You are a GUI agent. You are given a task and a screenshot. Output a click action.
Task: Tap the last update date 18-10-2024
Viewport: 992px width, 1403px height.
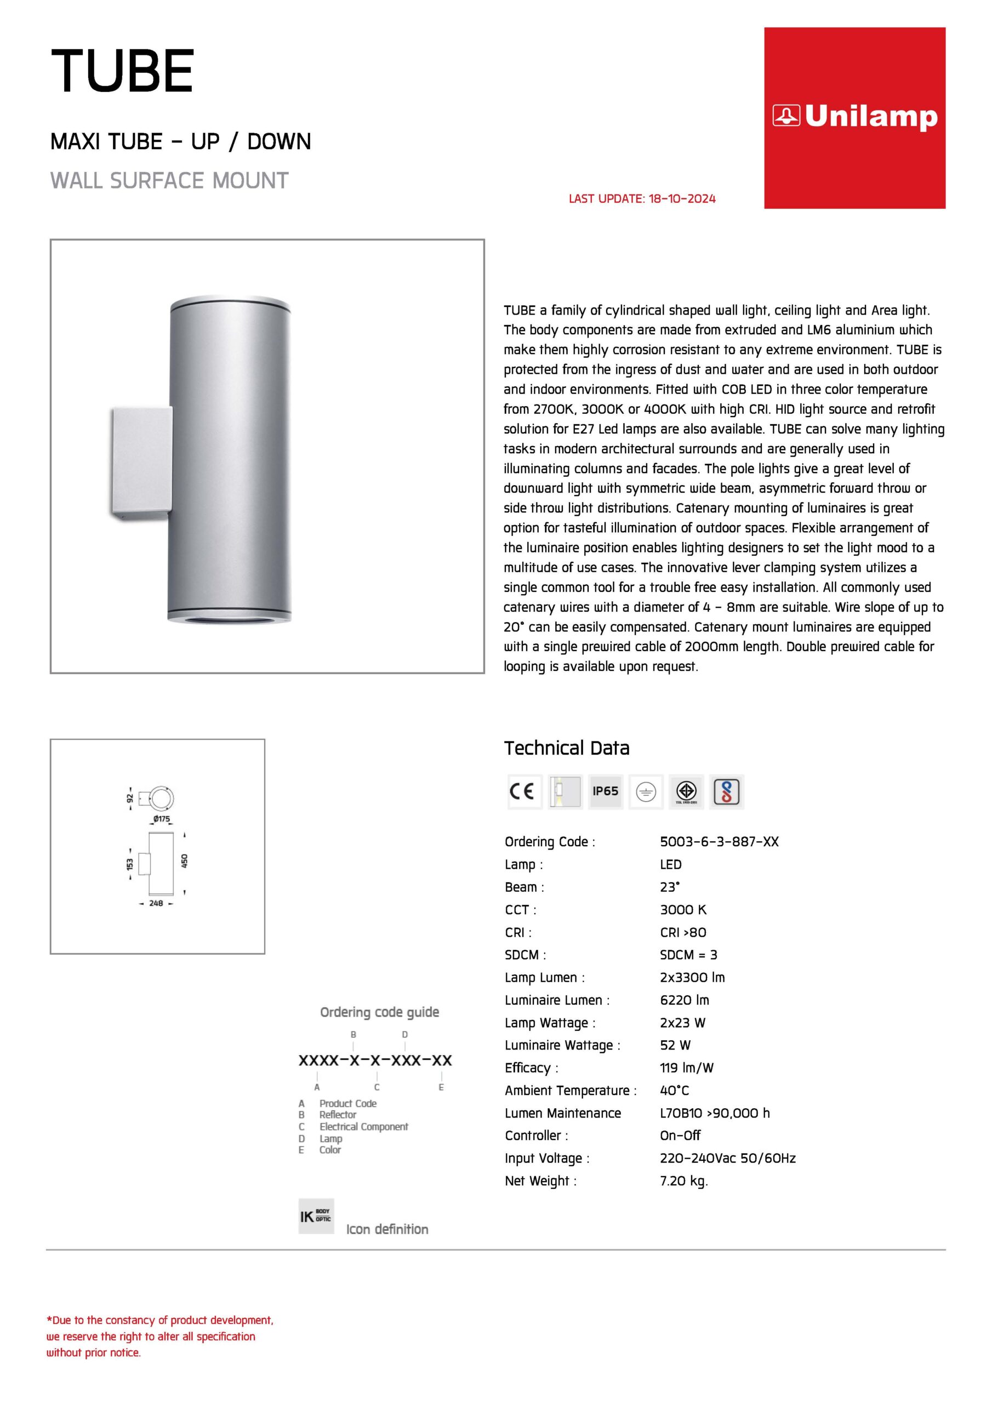point(681,198)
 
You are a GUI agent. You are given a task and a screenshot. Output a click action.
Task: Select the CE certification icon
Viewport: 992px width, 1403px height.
point(524,791)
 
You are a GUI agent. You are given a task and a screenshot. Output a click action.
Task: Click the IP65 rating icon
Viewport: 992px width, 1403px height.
point(605,791)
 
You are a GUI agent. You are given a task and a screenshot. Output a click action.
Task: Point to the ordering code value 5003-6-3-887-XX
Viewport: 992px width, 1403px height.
point(719,841)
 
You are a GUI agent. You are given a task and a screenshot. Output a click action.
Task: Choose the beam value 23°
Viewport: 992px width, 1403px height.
point(670,887)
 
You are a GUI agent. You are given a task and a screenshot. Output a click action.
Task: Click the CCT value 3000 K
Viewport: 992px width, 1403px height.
point(683,909)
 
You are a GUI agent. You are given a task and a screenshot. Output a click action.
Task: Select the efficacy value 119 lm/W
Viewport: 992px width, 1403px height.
point(686,1068)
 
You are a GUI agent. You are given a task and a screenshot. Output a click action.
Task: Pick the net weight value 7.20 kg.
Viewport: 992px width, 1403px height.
point(683,1180)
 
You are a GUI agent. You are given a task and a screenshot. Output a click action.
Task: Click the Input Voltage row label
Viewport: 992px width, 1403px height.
point(547,1158)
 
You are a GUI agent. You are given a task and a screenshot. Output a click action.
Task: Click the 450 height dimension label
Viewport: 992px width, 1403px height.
point(185,861)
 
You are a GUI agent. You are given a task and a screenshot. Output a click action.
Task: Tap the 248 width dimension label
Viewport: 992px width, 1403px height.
point(156,903)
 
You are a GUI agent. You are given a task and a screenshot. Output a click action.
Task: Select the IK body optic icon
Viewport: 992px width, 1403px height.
point(316,1216)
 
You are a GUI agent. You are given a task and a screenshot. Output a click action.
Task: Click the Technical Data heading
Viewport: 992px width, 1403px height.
point(567,748)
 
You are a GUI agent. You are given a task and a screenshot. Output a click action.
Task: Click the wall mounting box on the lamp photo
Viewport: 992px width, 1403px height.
point(141,461)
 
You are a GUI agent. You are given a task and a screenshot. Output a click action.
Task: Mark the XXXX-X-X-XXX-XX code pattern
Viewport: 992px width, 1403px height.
point(375,1060)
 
